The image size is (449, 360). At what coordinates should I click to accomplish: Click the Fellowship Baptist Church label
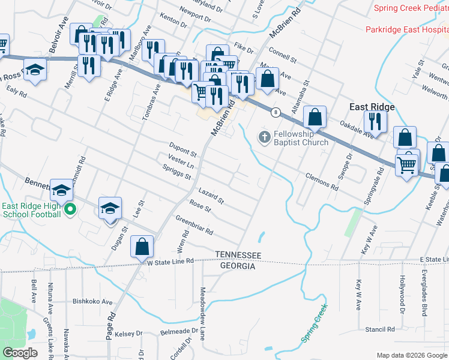click(x=301, y=138)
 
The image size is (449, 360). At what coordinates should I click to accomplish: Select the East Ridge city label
click(x=372, y=107)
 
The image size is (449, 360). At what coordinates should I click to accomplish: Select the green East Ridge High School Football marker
click(x=70, y=210)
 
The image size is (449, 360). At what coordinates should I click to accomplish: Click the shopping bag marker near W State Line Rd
click(x=142, y=247)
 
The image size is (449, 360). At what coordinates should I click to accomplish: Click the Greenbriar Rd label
click(x=194, y=226)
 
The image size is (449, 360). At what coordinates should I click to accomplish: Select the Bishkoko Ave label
click(x=92, y=302)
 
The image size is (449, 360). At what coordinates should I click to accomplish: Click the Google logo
click(x=20, y=353)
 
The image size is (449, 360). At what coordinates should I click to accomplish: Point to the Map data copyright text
click(x=411, y=355)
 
